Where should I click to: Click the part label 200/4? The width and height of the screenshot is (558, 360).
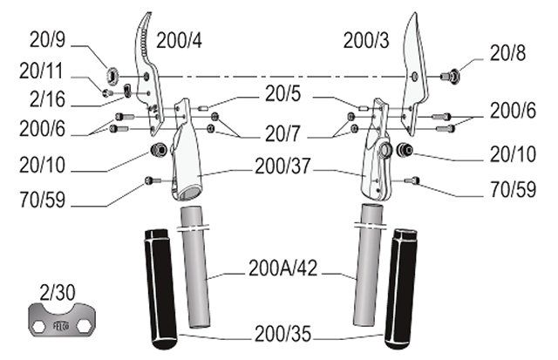tap(179, 41)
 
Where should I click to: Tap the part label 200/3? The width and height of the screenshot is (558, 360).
tap(366, 41)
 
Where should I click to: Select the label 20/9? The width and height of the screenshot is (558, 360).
tap(48, 39)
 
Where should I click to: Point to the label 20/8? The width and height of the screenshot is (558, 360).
tap(507, 53)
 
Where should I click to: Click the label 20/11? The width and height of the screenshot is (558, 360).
tap(41, 71)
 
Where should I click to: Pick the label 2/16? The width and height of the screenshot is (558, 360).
tap(48, 98)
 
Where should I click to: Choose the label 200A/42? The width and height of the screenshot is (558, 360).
tap(282, 268)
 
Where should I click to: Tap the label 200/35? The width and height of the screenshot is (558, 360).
tap(282, 334)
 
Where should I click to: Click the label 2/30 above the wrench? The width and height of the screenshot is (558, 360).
tap(58, 292)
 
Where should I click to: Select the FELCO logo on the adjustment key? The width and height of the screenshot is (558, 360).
tap(61, 326)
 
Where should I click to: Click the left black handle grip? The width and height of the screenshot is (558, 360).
tap(160, 289)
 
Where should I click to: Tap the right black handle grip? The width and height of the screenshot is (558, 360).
tap(401, 289)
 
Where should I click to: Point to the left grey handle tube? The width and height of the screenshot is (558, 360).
tap(195, 267)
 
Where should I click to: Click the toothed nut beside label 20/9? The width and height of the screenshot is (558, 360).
tap(112, 76)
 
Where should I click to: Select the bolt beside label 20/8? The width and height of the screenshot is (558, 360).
tap(450, 76)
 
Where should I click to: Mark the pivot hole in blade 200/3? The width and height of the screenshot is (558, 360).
tap(414, 76)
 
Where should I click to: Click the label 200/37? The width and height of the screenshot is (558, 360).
tap(282, 166)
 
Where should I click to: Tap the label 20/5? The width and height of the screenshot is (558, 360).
tap(282, 94)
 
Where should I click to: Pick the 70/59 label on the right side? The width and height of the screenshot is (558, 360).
tap(514, 189)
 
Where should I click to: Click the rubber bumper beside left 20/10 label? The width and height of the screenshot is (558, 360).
tap(159, 149)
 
